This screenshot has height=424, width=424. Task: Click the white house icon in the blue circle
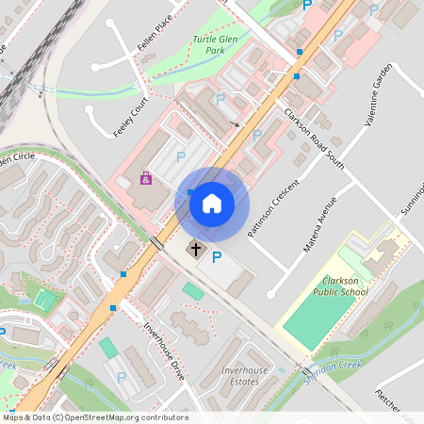211,203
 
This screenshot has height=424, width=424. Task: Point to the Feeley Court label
131,116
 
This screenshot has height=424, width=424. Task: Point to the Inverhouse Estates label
244,376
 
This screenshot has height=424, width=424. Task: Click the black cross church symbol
196,250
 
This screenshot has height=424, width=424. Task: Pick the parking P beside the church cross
217,257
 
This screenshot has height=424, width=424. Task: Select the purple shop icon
146,177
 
